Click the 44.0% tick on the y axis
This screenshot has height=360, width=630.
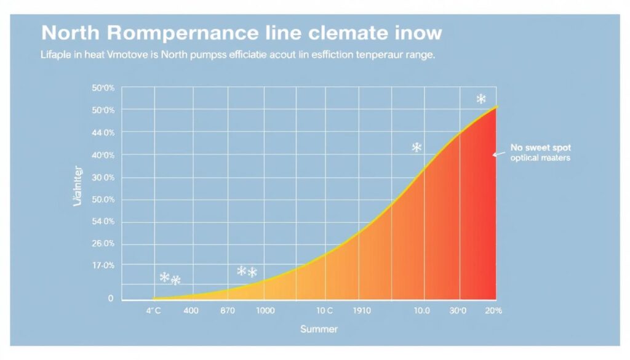tap(103, 132)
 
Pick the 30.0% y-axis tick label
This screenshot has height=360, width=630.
tap(103, 178)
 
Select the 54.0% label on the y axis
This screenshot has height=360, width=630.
tap(103, 222)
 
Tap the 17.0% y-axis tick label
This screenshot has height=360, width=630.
tap(103, 265)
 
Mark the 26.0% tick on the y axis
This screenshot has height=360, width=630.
tap(103, 244)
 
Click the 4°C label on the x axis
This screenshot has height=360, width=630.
tap(153, 311)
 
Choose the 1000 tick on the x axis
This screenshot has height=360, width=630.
tap(265, 311)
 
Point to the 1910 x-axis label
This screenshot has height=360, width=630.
tap(362, 311)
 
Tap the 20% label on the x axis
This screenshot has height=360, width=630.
tap(493, 311)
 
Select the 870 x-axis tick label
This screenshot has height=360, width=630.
tap(228, 311)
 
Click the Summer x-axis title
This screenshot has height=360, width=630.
tap(319, 329)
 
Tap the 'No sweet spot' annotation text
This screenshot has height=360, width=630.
tap(540, 148)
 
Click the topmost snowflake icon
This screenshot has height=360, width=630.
tap(481, 99)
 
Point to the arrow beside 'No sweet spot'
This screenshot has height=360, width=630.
tap(498, 154)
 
